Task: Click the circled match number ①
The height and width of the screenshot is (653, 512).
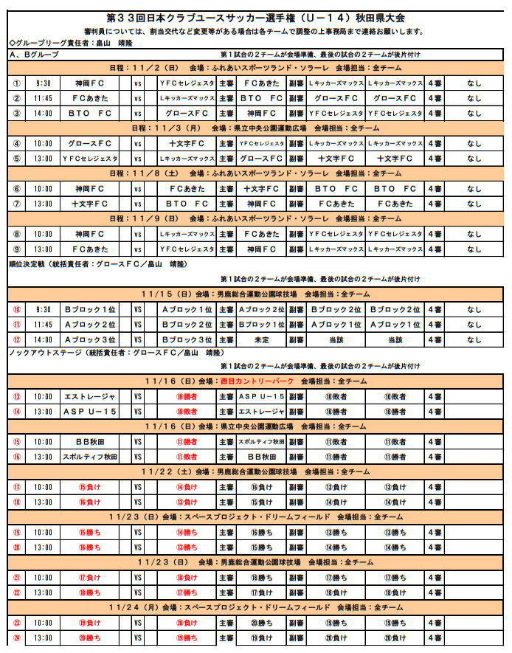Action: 16,83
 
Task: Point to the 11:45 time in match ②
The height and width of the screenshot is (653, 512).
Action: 43,98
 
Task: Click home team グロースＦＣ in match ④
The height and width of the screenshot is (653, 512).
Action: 90,143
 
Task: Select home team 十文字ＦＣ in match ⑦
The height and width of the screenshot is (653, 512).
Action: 90,204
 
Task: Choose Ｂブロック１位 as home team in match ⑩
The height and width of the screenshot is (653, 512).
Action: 90,310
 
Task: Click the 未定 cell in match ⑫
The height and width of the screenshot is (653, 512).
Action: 261,340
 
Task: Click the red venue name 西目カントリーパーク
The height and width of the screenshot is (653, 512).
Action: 257,381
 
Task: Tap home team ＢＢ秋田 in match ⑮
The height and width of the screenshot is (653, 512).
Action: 90,442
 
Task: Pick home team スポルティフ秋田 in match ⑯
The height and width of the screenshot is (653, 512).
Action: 90,457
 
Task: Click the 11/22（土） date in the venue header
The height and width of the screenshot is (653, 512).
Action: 167,471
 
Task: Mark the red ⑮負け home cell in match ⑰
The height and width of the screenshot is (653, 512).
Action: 90,487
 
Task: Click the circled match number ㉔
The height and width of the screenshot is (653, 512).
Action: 16,638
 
